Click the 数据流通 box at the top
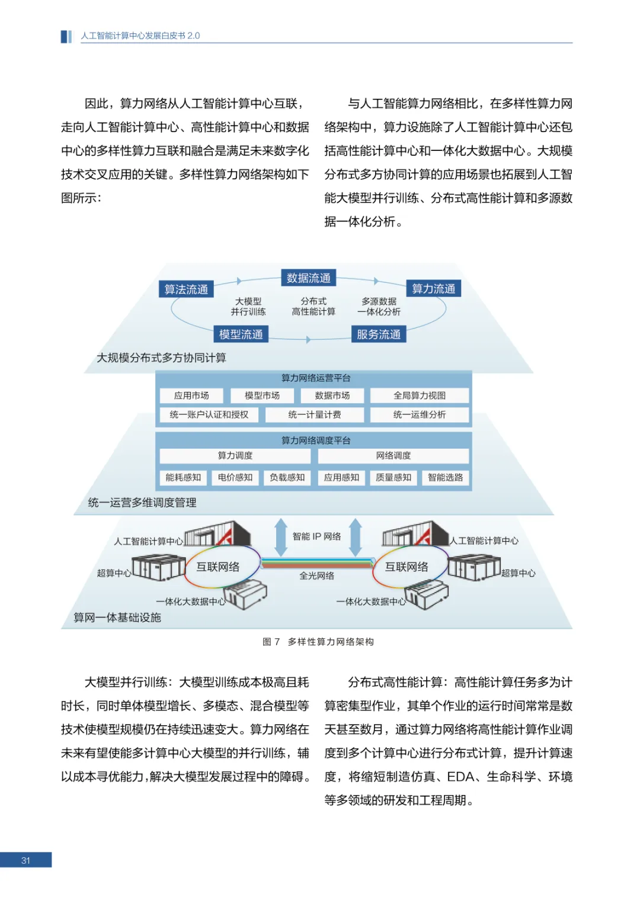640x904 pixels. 308,278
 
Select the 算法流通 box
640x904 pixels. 186,289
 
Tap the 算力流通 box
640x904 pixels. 433,288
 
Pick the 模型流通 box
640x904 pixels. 241,334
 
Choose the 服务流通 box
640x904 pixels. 378,334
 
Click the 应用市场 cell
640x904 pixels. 191,395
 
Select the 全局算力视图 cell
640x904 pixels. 420,395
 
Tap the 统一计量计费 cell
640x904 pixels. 314,414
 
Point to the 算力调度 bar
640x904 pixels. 235,455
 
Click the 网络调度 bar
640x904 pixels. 393,455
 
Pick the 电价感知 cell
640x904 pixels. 235,477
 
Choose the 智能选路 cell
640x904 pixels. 445,477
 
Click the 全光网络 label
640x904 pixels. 316,575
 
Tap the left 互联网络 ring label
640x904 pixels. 218,567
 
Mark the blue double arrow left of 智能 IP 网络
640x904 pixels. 281,537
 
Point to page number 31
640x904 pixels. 25,860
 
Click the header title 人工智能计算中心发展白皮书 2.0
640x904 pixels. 140,36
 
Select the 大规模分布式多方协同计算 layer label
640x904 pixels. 161,358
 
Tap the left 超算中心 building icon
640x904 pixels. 158,567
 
